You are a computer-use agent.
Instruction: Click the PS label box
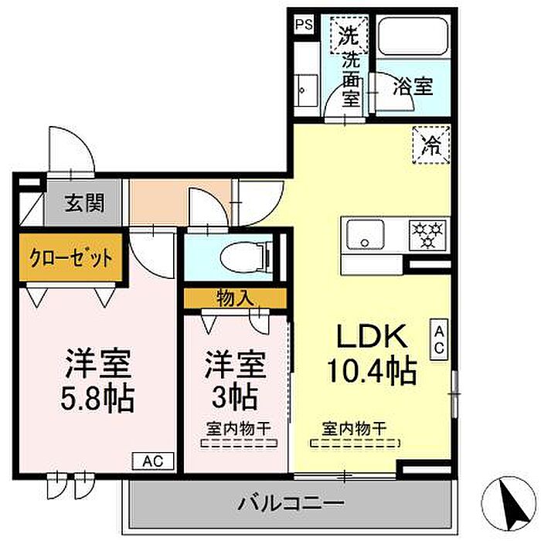(x=304, y=24)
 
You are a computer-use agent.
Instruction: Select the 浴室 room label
(x=412, y=87)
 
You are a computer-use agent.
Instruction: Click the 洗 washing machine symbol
(x=349, y=35)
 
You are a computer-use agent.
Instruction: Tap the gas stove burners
(x=427, y=233)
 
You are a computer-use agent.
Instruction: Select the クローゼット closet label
(x=71, y=255)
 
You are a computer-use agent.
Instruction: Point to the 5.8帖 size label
(x=97, y=399)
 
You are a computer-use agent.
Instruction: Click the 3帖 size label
(x=235, y=397)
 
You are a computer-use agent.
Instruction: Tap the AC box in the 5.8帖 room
(x=153, y=461)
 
